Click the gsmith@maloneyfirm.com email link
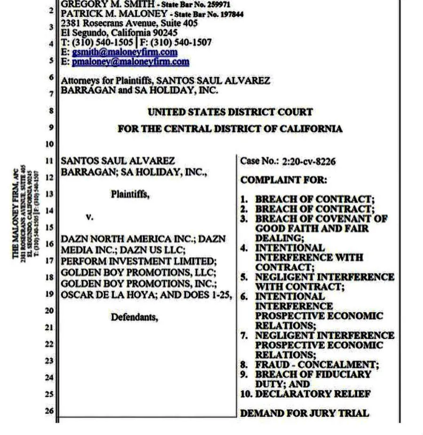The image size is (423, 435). (x=125, y=52)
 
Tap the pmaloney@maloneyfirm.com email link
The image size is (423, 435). (x=131, y=62)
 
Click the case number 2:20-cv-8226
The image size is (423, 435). (x=309, y=162)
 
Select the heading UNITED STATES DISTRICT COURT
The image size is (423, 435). (x=230, y=112)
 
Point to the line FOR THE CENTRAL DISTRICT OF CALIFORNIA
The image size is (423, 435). (x=230, y=129)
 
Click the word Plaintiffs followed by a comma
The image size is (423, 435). (x=131, y=194)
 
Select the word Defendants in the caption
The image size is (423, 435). (x=134, y=317)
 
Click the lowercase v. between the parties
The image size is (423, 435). (x=90, y=217)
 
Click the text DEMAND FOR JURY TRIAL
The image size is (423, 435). (x=305, y=413)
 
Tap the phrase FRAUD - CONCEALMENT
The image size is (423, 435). (x=316, y=364)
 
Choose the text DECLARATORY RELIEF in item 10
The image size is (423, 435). (x=313, y=394)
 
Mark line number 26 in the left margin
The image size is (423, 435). (x=49, y=411)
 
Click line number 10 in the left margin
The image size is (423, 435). (x=49, y=144)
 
